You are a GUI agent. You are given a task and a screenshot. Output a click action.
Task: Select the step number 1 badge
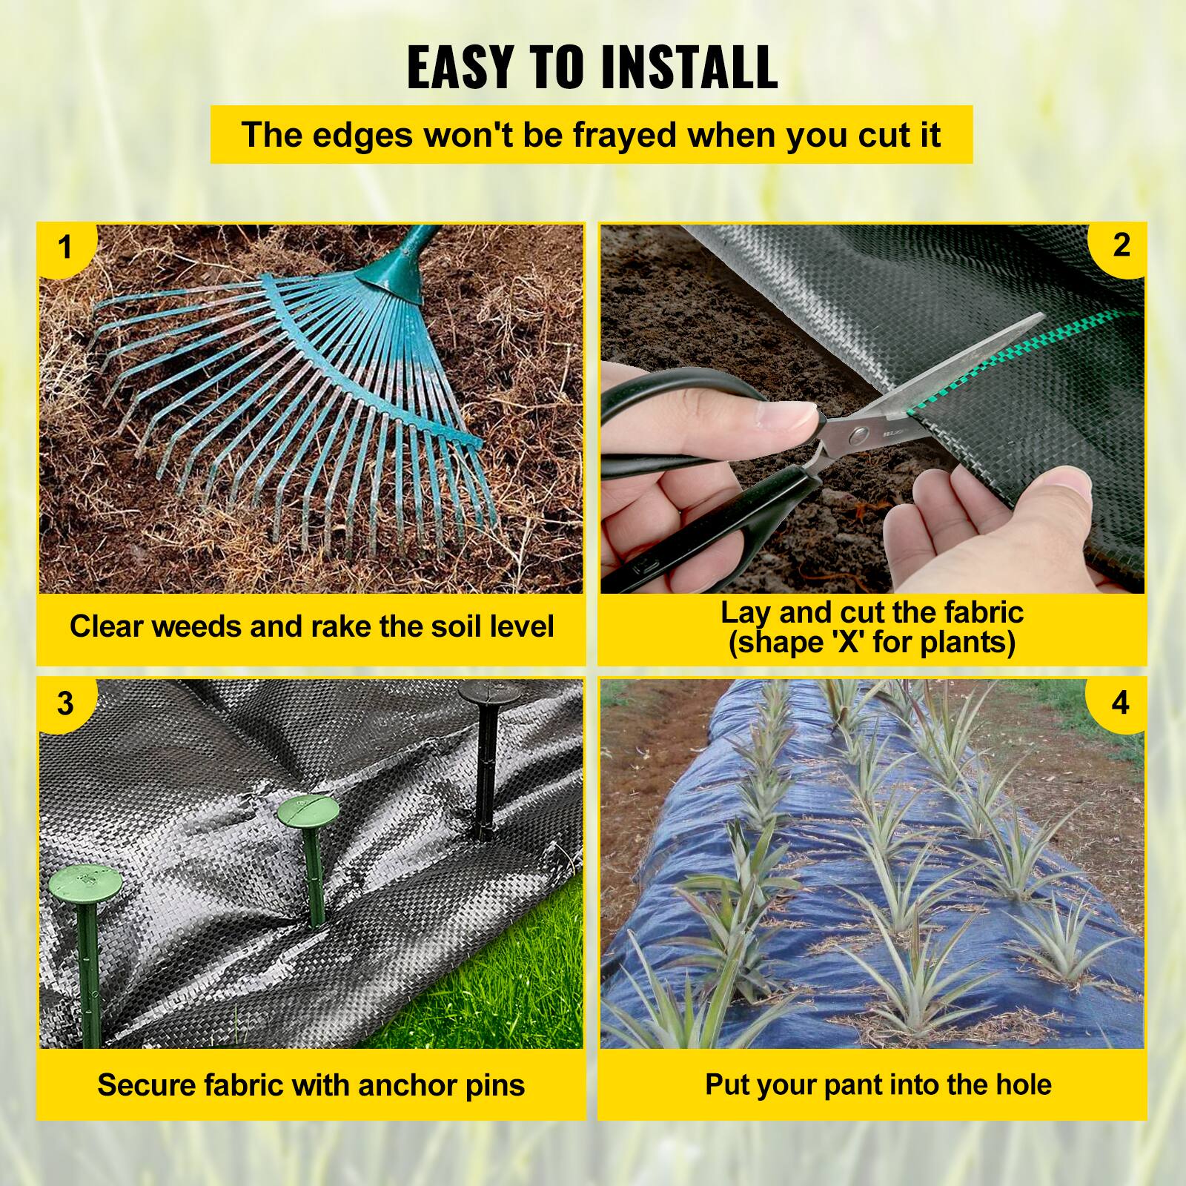(65, 248)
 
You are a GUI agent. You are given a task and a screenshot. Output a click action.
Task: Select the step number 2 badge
(1121, 246)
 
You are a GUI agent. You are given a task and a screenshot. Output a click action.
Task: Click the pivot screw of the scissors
(860, 432)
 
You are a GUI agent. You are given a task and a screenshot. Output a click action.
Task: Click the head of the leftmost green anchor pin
(85, 882)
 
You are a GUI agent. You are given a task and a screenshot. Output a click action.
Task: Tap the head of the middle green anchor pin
(308, 812)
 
